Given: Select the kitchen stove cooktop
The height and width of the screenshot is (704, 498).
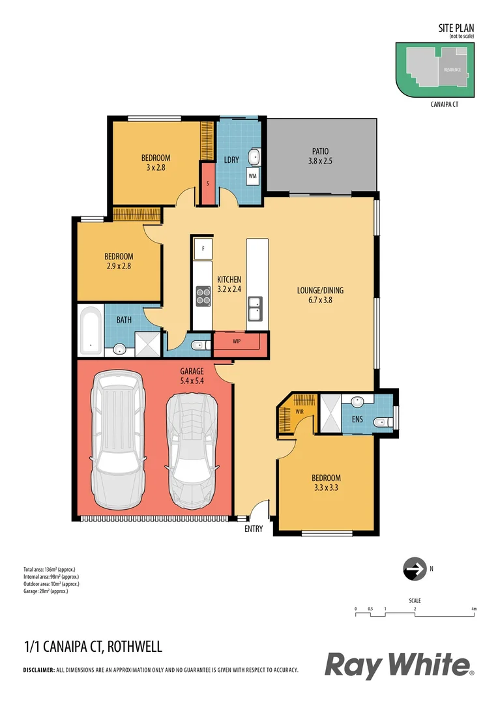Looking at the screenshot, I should pos(203,297).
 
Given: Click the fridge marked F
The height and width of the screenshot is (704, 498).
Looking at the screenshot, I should pos(203,248).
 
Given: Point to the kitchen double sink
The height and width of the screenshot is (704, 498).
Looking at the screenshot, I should pos(255,308).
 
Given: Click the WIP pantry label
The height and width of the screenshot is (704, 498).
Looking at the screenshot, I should pos(237,341).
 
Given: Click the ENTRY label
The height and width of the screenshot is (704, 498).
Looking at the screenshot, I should pos(254,529).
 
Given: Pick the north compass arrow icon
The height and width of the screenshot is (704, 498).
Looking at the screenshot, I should pos(412,569).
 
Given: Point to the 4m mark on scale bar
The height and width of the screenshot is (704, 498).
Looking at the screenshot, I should pos(474,609).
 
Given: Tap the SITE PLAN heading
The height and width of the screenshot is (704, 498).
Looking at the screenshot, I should pos(456,28).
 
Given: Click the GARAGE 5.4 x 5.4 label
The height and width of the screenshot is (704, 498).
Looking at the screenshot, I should pos(192,376).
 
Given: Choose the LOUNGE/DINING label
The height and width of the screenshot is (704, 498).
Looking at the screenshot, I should pos(319,295).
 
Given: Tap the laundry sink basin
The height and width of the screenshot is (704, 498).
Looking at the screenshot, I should pos(254,156).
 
